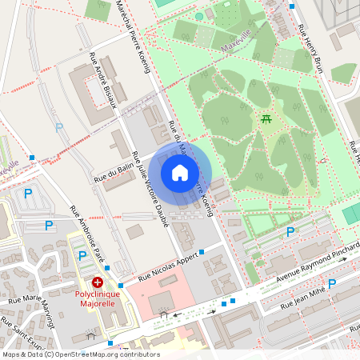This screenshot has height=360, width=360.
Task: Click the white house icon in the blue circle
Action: [x=180, y=173]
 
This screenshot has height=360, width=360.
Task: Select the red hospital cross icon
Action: [x=98, y=282]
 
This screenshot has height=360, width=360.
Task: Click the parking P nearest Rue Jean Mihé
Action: [x=332, y=284]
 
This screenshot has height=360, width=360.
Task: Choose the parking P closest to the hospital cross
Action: [x=82, y=255]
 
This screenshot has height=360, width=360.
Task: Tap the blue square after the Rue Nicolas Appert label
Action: [x=202, y=252]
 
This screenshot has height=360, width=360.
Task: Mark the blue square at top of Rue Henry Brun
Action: [x=292, y=6]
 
